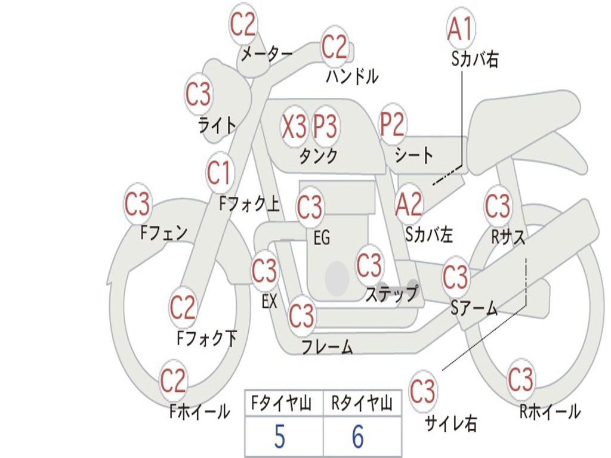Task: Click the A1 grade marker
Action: [460, 28]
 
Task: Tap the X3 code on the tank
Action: [294, 126]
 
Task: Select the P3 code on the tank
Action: [326, 126]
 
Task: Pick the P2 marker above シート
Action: [393, 124]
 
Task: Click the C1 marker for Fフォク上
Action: [219, 173]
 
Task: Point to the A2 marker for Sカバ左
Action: [409, 204]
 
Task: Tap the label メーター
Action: [266, 54]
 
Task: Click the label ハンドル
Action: [352, 76]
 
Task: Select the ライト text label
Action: [217, 125]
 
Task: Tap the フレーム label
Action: [327, 346]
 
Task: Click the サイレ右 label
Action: [450, 423]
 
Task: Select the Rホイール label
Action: [550, 411]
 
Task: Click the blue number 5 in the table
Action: [279, 438]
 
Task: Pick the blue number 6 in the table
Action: [357, 438]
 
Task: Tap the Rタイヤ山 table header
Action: [362, 405]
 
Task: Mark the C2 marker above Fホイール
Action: [174, 380]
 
